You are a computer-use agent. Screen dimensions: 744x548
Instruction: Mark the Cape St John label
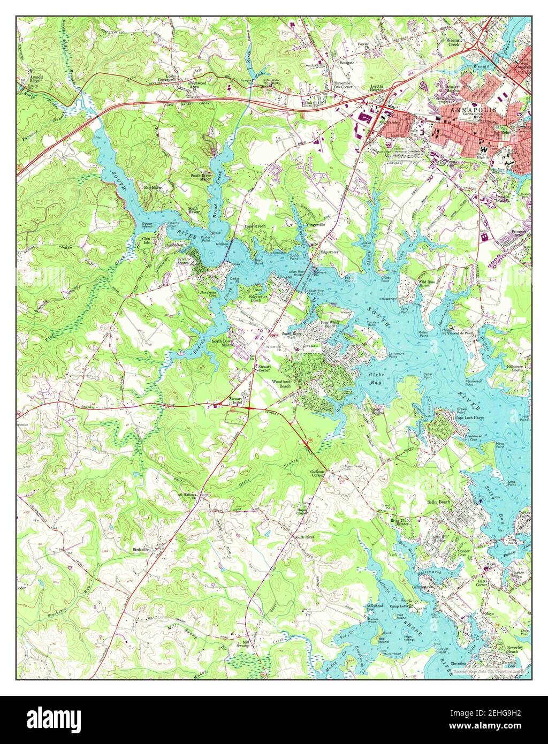coord(255,226)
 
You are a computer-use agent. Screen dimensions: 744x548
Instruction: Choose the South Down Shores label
coord(224,343)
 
